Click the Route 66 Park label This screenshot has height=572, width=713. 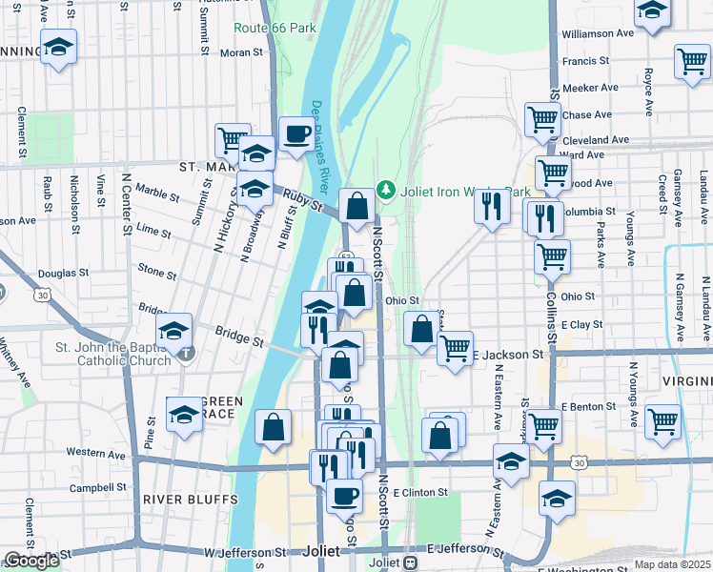[275, 28]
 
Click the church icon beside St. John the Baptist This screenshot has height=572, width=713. [187, 353]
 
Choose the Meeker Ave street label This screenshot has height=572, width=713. [591, 88]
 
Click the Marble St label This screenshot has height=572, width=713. [157, 192]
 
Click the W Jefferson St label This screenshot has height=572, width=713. [245, 552]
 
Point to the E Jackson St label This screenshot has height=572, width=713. [509, 354]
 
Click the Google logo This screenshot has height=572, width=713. [31, 561]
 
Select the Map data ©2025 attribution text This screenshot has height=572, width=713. [672, 564]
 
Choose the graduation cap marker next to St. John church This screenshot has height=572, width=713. [174, 331]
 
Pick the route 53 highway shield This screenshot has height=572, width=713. [347, 257]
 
